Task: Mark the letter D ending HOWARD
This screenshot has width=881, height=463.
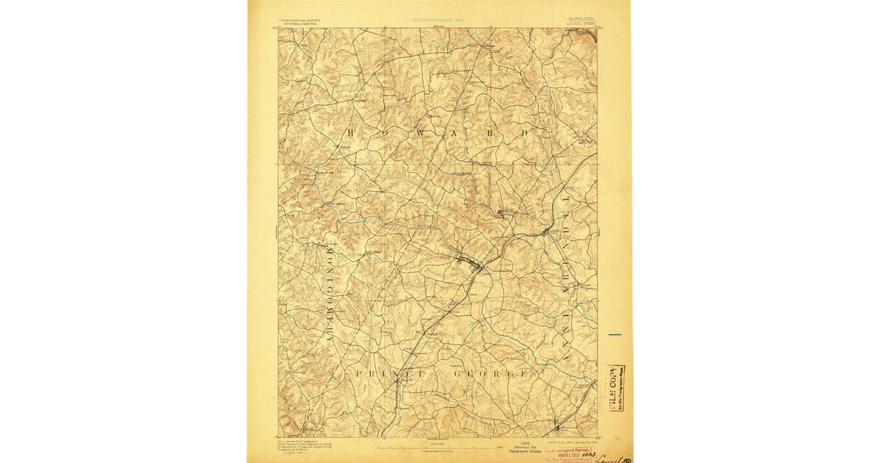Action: coord(525,134)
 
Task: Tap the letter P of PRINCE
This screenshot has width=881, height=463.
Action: coord(359,374)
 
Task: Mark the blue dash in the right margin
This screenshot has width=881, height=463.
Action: coord(614,335)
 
